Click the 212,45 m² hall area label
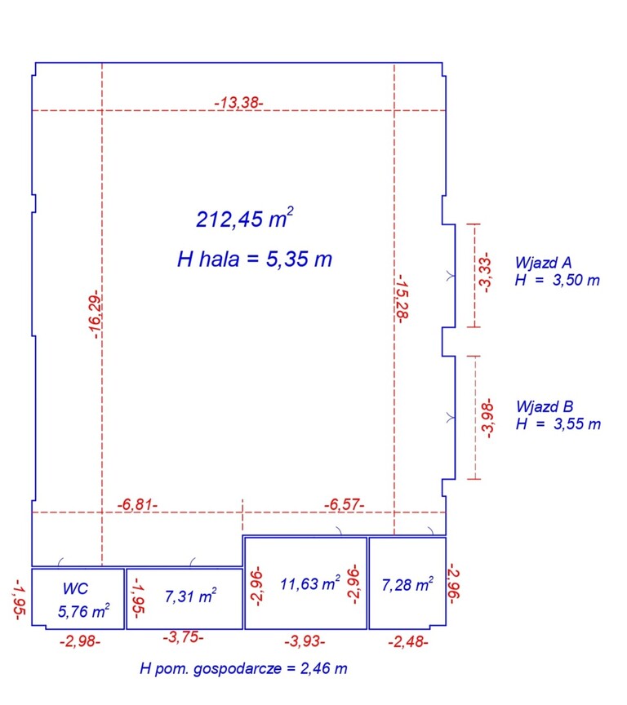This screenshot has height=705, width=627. click(245, 218)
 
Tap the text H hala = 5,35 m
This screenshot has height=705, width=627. click(255, 259)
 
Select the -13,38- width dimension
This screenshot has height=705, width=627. click(238, 103)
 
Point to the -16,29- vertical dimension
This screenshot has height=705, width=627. click(95, 315)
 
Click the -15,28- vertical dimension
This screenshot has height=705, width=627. click(402, 299)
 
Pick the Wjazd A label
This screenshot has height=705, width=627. click(544, 262)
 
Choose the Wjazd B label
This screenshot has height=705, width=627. click(545, 406)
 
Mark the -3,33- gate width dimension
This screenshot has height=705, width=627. click(485, 273)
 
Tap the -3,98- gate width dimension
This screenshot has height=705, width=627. click(487, 418)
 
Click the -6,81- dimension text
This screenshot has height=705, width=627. click(137, 504)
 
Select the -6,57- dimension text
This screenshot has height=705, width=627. click(344, 504)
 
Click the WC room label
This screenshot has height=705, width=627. click(76, 588)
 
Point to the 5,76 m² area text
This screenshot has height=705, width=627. click(83, 611)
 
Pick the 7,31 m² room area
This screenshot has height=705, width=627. click(191, 596)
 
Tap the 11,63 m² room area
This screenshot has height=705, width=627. click(310, 583)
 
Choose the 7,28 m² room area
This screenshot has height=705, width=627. click(407, 584)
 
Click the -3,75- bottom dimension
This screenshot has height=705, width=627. click(183, 637)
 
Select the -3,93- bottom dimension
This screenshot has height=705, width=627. click(305, 641)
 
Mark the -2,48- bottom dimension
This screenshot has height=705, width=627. click(408, 641)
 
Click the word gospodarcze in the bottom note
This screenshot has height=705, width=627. click(238, 669)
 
